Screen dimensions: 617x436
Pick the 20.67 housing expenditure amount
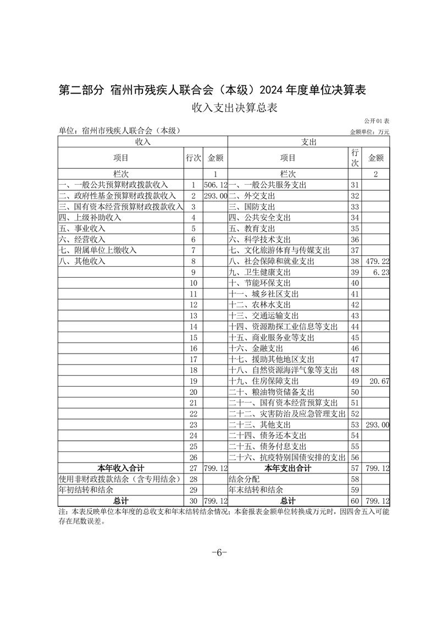379,381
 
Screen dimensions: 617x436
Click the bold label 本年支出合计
288,469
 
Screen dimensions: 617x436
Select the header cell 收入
143,142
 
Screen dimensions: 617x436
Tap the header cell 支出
308,142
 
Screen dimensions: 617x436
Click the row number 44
354,327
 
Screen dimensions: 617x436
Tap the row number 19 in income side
193,381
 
